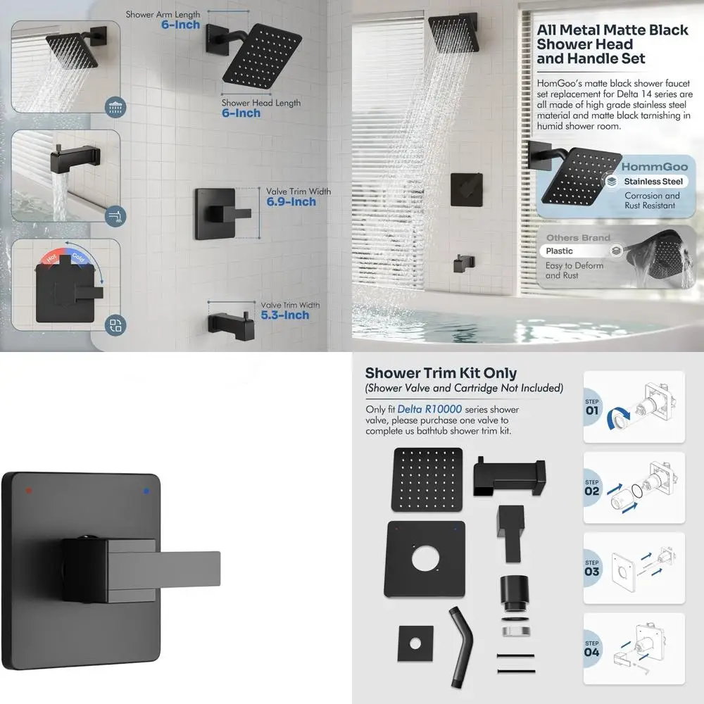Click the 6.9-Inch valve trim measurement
pos(291,202)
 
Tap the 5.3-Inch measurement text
pos(285,315)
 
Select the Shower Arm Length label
pos(163,14)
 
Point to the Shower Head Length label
pos(260,103)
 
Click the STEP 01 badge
pos(592,407)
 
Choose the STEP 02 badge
pos(592,487)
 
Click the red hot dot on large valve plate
pos(27,488)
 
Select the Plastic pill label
pos(560,251)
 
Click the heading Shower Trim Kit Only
pos(441,373)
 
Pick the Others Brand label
pos(578,238)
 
